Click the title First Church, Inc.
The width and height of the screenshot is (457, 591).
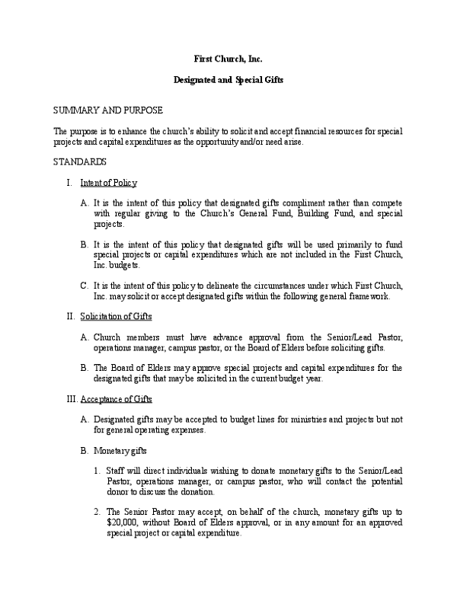coord(228,59)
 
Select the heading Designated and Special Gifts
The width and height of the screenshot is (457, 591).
coord(228,80)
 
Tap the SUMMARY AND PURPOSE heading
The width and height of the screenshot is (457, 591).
coord(107,110)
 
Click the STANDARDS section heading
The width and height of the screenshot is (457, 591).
coord(79,161)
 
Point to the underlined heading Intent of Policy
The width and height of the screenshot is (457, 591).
coord(108,183)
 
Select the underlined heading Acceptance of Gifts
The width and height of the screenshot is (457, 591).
coord(116,398)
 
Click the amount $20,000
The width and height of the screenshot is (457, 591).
coord(121,523)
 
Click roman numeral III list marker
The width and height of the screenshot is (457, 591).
coord(69,398)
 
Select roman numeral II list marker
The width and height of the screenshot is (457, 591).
coord(69,316)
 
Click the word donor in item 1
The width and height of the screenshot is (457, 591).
coord(118,493)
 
